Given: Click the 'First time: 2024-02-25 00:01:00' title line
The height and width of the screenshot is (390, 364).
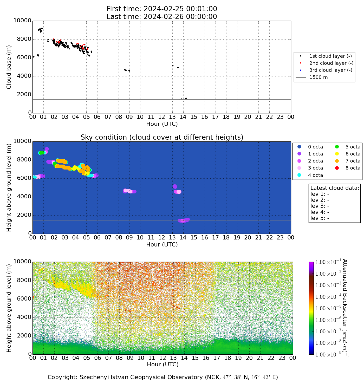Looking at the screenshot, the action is [162, 9].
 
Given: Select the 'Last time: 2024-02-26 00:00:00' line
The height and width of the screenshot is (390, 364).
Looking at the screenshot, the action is [162, 17].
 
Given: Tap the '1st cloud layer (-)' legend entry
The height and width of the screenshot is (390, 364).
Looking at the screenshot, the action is [326, 56].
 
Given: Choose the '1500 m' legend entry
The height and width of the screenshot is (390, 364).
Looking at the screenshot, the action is [312, 77].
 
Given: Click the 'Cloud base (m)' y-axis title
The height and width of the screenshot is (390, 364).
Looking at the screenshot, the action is [9, 67].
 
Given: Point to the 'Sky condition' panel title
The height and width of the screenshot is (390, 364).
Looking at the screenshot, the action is [162, 137].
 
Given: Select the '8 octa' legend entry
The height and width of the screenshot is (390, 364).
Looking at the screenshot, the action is [348, 168].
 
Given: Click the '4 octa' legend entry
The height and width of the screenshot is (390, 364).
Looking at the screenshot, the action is [311, 175].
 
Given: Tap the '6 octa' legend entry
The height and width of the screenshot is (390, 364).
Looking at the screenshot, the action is [348, 154].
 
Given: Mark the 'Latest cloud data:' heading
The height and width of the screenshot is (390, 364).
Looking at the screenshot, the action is [335, 188].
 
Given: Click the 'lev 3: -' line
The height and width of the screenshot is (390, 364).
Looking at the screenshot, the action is [320, 206].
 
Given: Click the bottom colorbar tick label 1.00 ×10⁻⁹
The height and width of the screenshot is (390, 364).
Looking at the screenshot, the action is [328, 354].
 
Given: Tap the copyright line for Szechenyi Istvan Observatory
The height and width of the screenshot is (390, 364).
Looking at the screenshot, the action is [162, 377].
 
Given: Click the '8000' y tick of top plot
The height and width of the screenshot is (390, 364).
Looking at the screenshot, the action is [24, 39].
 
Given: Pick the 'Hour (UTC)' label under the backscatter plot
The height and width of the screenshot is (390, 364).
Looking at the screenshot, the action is [162, 365].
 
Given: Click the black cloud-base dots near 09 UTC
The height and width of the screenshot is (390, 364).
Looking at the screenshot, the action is [127, 70].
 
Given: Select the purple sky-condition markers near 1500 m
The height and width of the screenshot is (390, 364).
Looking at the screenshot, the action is [184, 220].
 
